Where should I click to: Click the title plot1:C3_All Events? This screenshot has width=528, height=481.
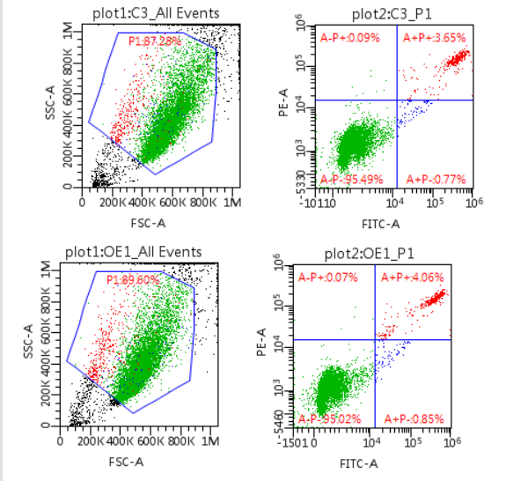point(156,12)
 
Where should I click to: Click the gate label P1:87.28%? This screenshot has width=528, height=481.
point(155,41)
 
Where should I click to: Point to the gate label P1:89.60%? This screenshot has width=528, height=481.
point(133,279)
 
